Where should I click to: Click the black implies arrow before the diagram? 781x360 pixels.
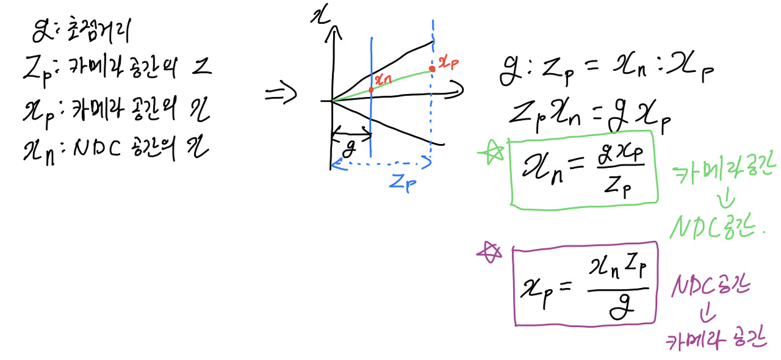[x=280, y=94]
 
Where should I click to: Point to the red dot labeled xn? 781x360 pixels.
[x=371, y=89]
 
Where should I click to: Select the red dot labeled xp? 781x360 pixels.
[x=432, y=69]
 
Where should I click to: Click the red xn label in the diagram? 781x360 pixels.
[x=383, y=78]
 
